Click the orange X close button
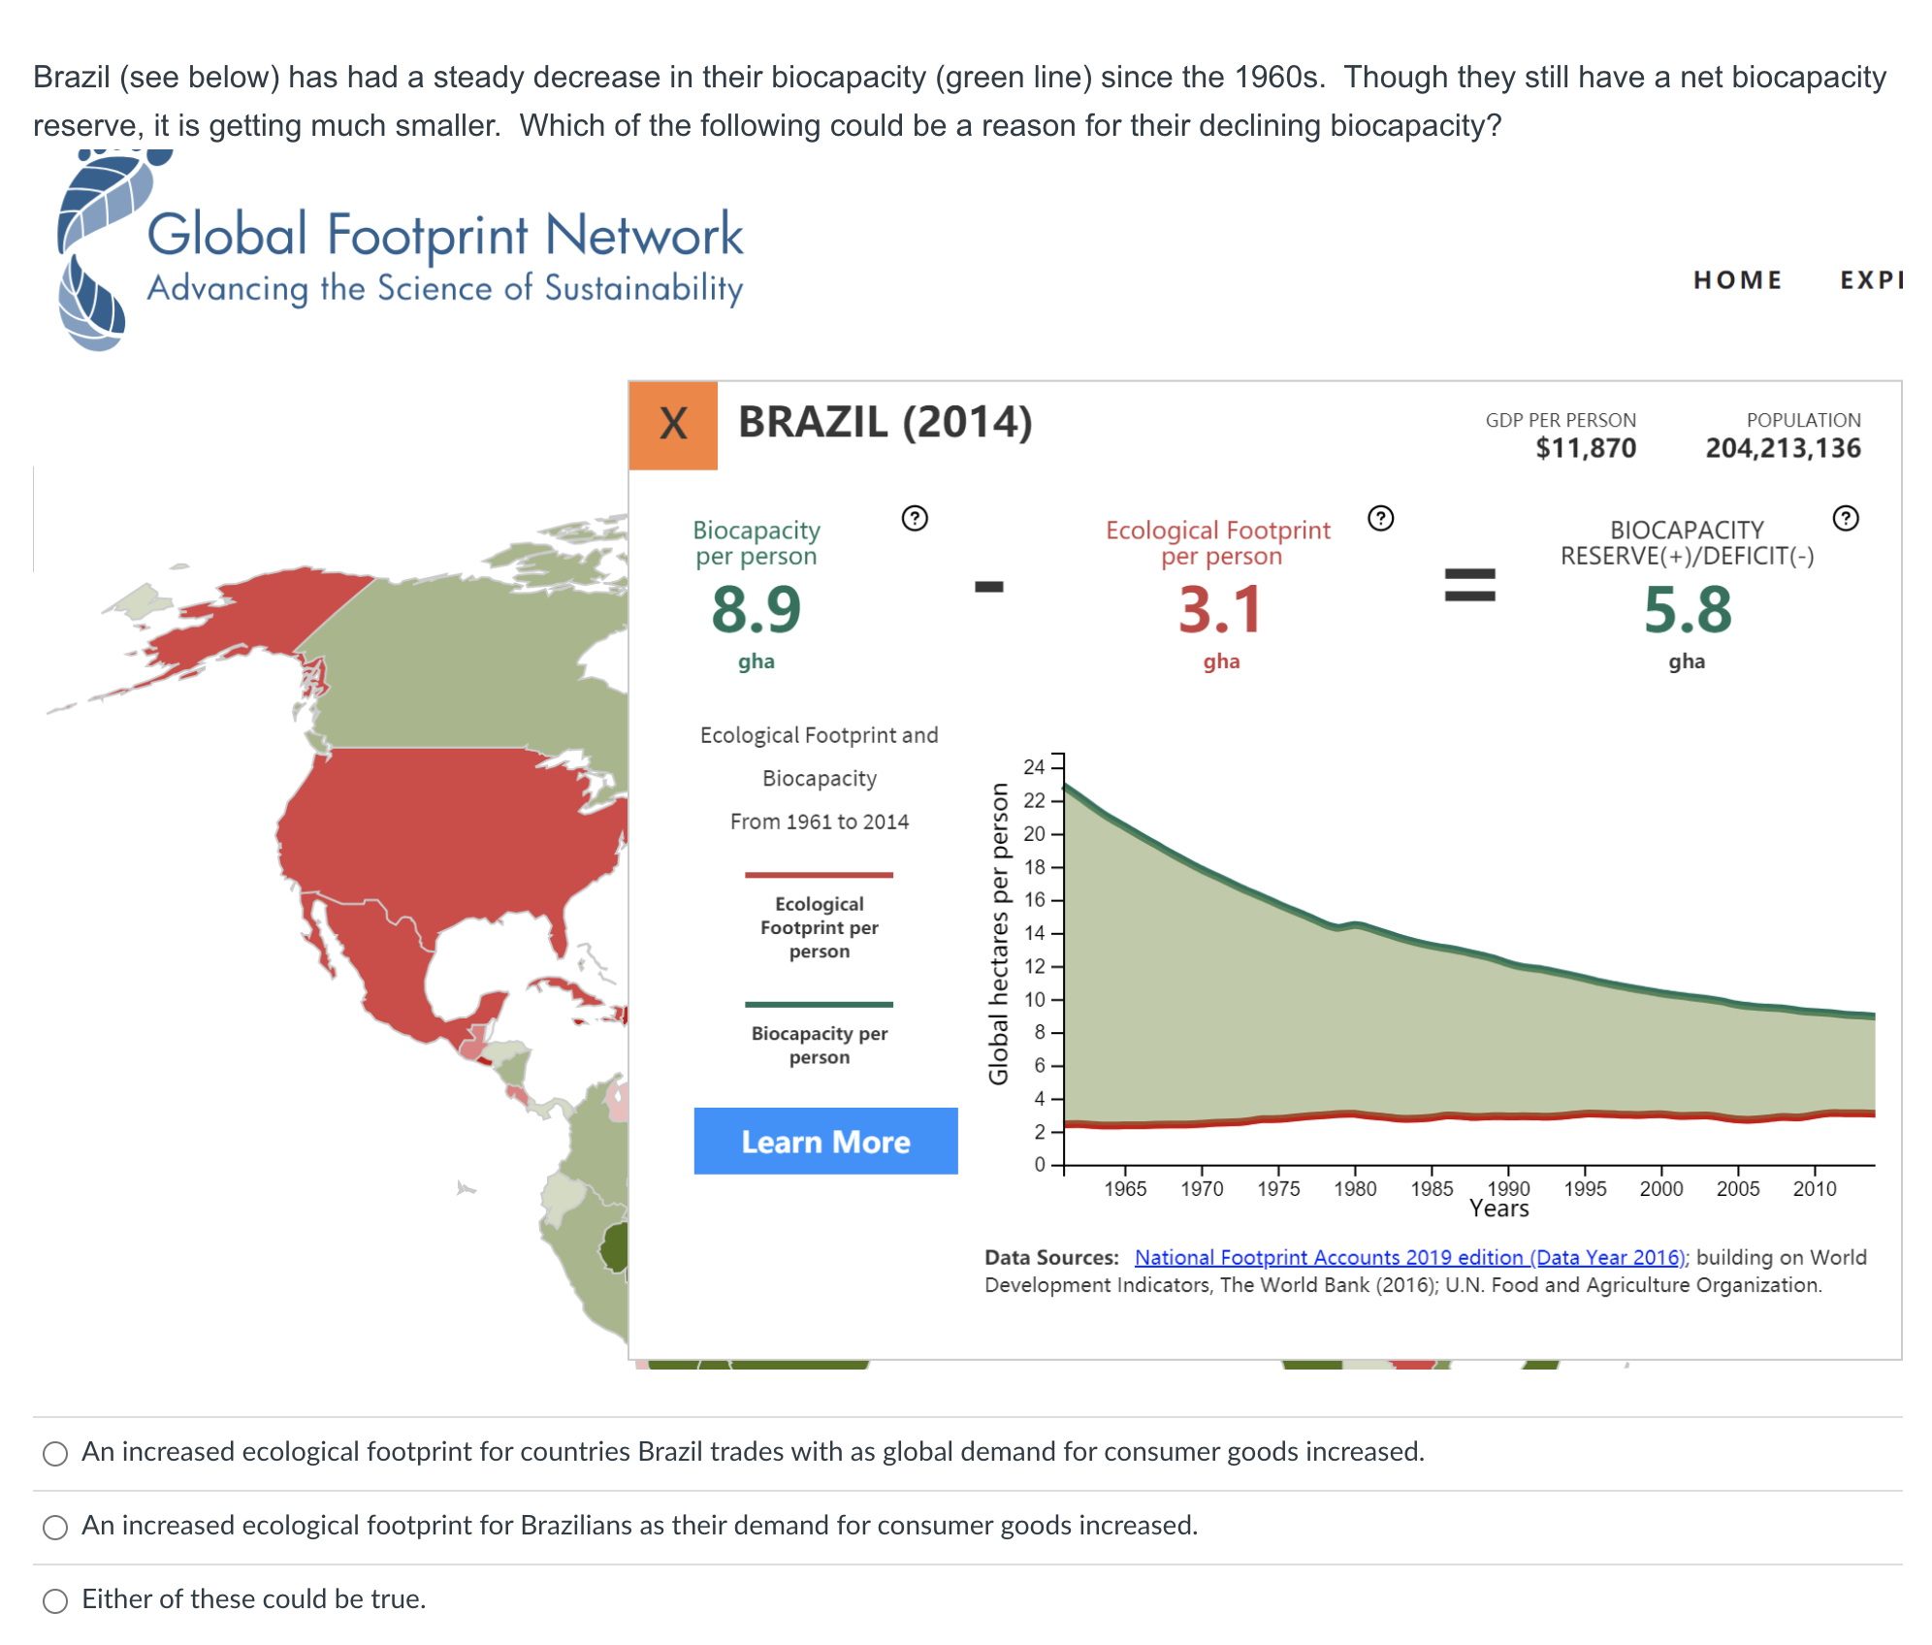tap(673, 425)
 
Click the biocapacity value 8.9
tap(756, 609)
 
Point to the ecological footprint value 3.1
tap(1220, 609)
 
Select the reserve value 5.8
tap(1687, 609)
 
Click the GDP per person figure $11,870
tap(1585, 448)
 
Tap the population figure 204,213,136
tap(1783, 448)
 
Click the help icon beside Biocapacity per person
tap(914, 519)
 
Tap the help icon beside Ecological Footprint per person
tap(1380, 519)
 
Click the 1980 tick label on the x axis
tap(1355, 1189)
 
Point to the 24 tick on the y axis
tap(1034, 767)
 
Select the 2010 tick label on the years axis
tap(1814, 1189)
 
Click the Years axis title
tap(1498, 1209)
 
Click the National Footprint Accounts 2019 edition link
tap(1411, 1257)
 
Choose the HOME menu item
tap(1737, 280)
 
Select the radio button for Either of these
tap(55, 1600)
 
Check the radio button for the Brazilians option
tap(55, 1527)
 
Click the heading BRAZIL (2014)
tap(885, 423)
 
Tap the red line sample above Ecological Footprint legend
tap(819, 875)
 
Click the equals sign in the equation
tap(1469, 586)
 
